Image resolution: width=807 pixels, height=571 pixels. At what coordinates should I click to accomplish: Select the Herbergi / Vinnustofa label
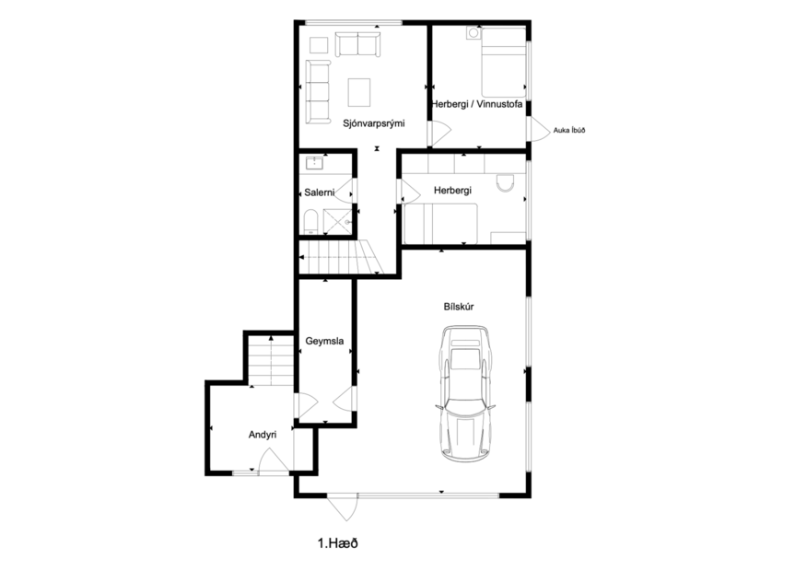tap(477, 105)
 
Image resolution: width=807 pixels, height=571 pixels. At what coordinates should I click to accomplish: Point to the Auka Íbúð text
tap(569, 131)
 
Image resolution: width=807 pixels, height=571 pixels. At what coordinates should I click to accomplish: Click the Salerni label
tap(318, 192)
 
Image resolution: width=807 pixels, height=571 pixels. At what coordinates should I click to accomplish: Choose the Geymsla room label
tap(324, 342)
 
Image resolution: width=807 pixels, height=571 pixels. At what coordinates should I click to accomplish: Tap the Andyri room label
tap(263, 434)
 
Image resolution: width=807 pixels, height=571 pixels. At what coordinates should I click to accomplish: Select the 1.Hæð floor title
tap(336, 543)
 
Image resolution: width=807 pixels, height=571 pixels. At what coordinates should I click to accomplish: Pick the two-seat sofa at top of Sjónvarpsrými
tap(356, 45)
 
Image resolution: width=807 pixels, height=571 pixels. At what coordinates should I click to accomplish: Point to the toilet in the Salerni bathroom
tap(310, 220)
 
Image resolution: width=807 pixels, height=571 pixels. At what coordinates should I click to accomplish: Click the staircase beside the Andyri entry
tap(270, 360)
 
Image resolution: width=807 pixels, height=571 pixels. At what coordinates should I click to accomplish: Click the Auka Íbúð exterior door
tap(534, 130)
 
